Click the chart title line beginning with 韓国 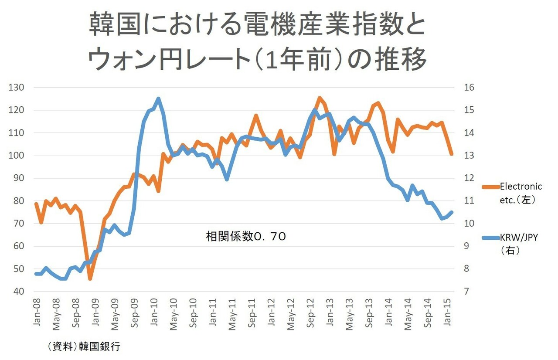(x=257, y=25)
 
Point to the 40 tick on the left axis (x=17, y=291)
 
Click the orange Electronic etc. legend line (x=490, y=187)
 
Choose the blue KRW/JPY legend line (x=490, y=238)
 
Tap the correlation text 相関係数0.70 (x=246, y=237)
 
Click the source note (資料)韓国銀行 (x=84, y=347)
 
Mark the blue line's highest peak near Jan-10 (x=158, y=99)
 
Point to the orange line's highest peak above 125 (x=319, y=98)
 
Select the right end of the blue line (x=452, y=212)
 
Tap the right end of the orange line (x=452, y=154)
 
